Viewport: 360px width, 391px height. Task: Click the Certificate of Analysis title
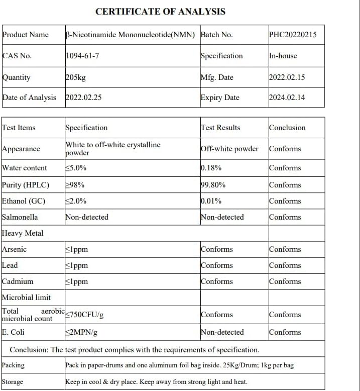click(x=160, y=11)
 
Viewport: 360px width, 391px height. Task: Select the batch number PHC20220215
click(x=293, y=35)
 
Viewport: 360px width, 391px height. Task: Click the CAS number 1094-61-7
click(x=82, y=56)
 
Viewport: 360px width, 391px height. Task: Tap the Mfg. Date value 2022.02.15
click(x=287, y=77)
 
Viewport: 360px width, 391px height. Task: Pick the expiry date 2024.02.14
click(x=287, y=97)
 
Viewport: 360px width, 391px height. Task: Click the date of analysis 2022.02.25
click(x=83, y=97)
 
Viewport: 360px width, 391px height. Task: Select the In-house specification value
click(x=283, y=56)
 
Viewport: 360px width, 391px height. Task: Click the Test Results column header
click(x=220, y=128)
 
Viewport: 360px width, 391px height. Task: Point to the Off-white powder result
click(x=229, y=149)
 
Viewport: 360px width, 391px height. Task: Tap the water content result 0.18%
click(x=211, y=168)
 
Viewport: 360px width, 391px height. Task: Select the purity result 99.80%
click(x=213, y=185)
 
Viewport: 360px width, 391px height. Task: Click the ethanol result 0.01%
click(x=211, y=201)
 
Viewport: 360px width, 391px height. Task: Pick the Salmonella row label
click(x=20, y=217)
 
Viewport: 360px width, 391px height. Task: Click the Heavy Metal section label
click(x=23, y=233)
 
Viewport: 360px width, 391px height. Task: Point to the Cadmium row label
click(x=18, y=281)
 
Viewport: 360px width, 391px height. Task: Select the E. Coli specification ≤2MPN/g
click(x=81, y=332)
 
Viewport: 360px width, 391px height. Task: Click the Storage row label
click(x=13, y=382)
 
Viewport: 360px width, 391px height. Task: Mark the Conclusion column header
click(x=287, y=128)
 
